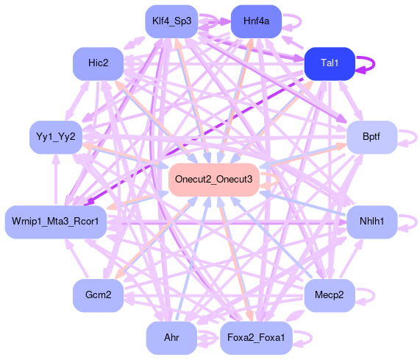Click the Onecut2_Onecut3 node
point(214,180)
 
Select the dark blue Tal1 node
point(330,63)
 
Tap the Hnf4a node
point(256,21)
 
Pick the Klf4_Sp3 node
point(171,21)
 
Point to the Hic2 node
point(99,63)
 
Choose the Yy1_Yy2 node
point(56,137)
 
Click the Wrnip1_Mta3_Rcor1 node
point(56,222)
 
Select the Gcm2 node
point(99,295)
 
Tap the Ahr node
point(171,338)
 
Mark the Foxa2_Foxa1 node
point(256,338)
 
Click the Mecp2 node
point(330,295)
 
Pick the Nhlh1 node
point(371,222)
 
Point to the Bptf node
point(371,137)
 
